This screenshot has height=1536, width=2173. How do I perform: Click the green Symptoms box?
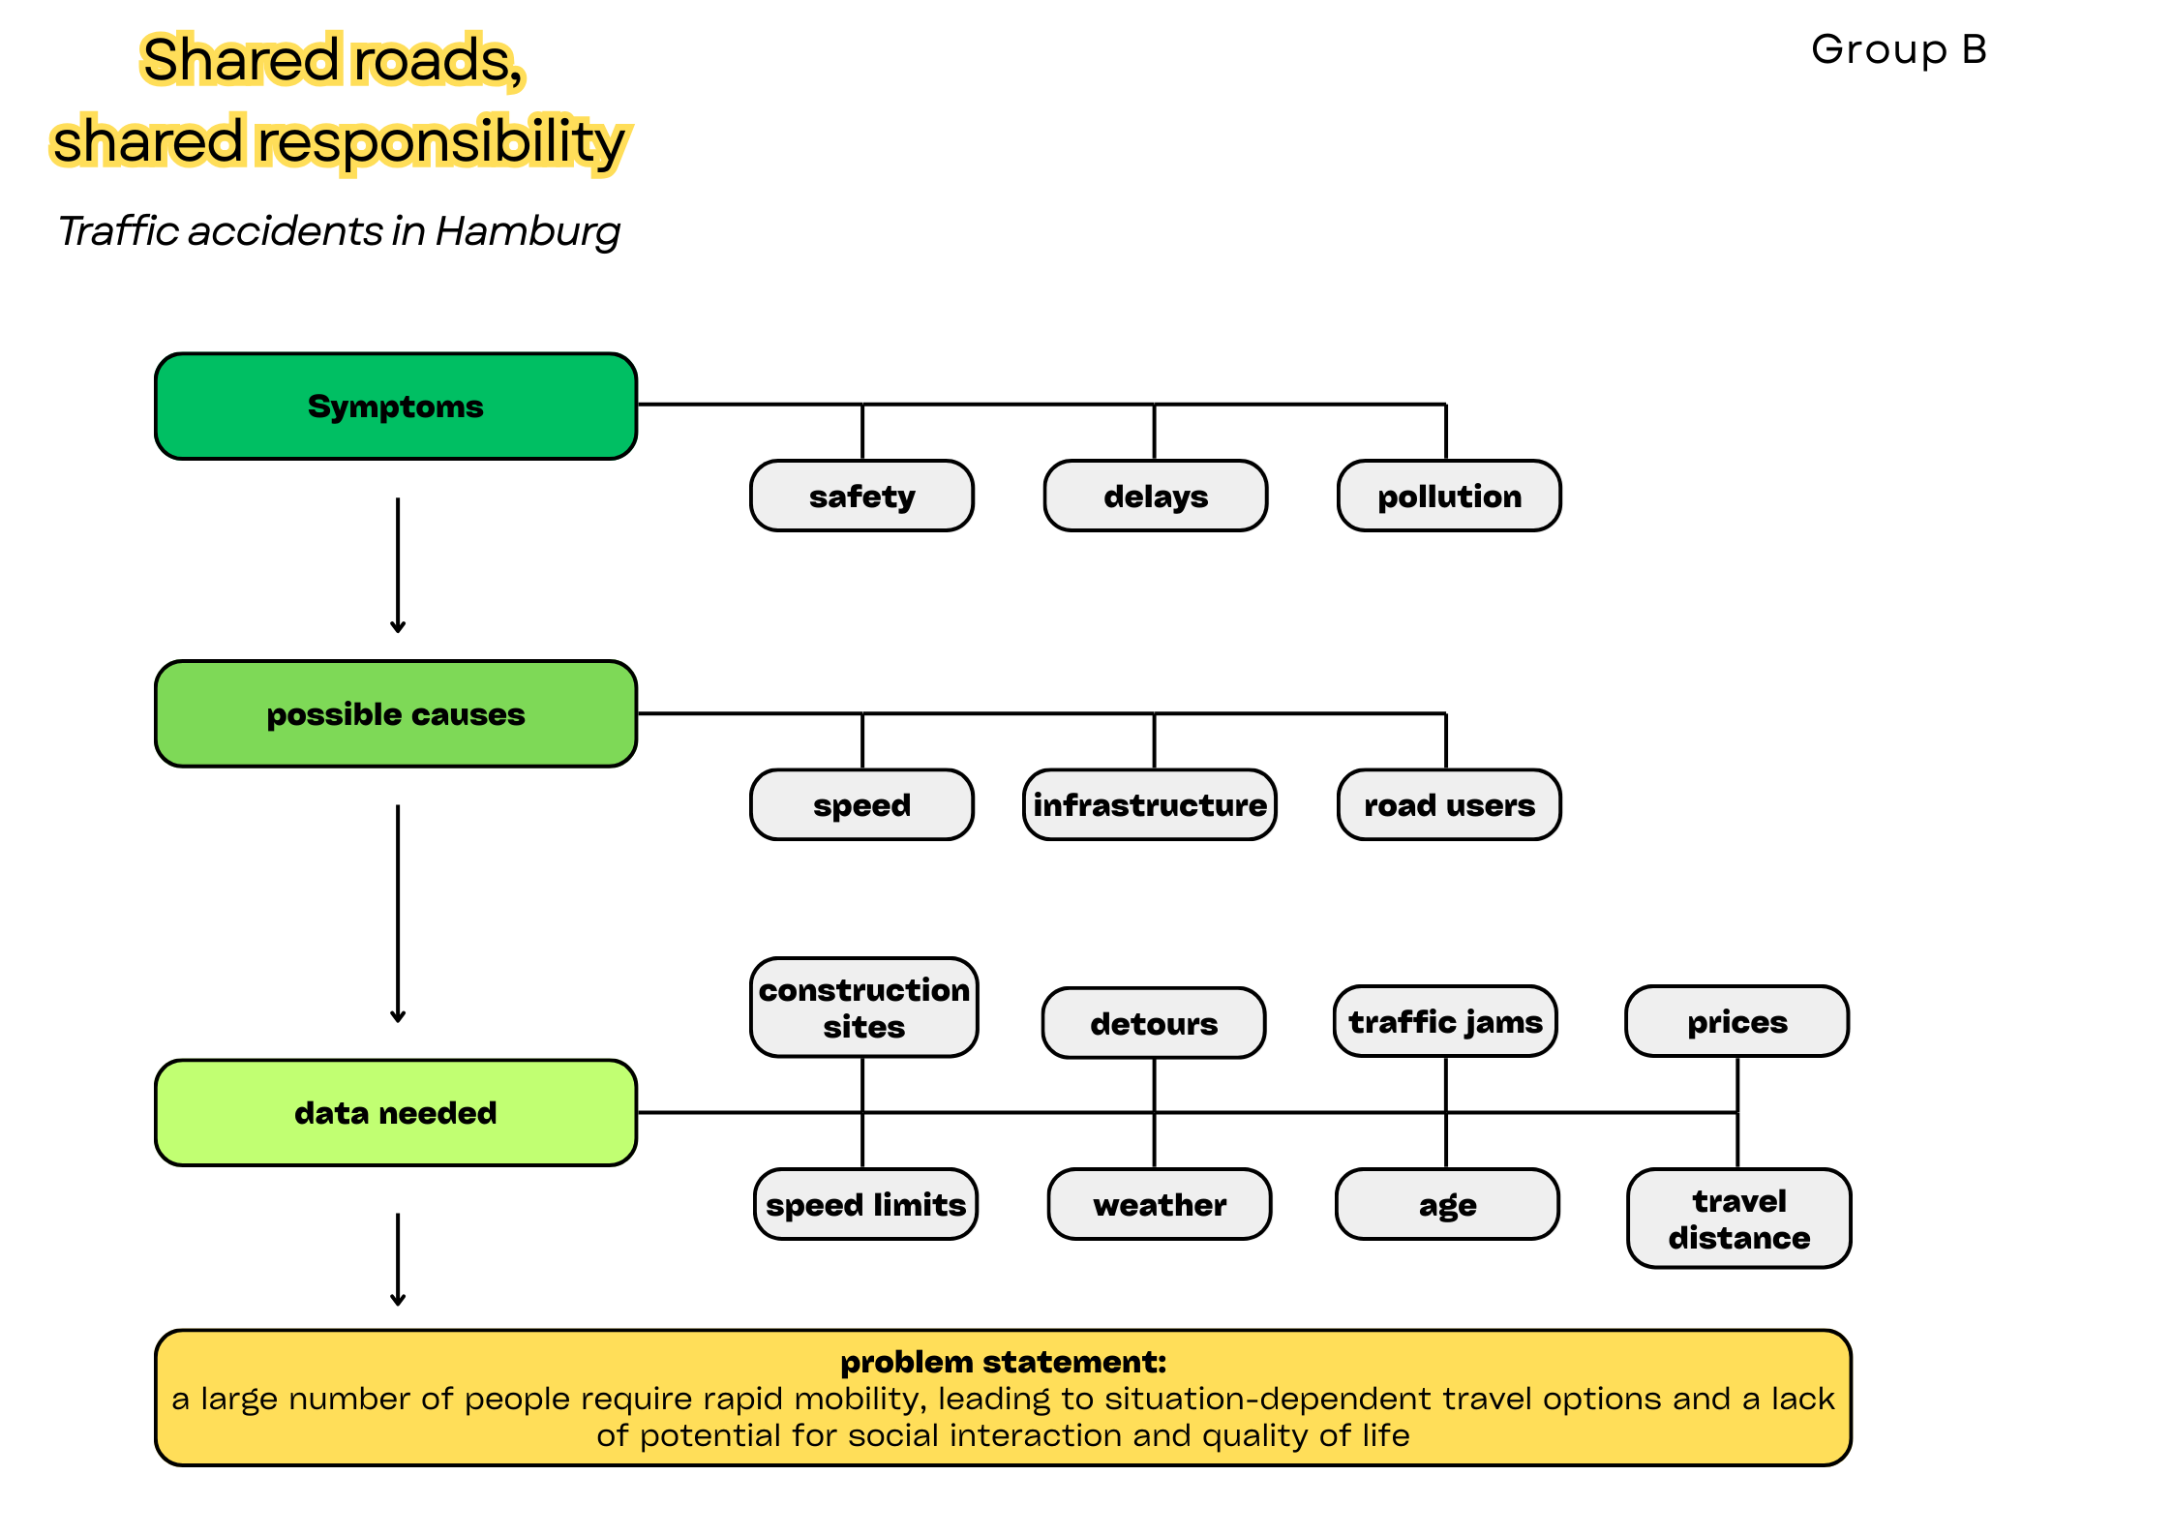(x=395, y=407)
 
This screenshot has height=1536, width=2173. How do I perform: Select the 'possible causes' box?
(x=395, y=714)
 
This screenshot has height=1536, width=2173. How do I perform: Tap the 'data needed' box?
(x=395, y=1113)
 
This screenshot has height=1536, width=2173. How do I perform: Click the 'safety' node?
(x=861, y=497)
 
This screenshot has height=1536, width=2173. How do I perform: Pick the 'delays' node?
(x=1155, y=497)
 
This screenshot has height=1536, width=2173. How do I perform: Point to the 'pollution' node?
(x=1449, y=497)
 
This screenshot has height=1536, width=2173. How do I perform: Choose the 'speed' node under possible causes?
(x=861, y=805)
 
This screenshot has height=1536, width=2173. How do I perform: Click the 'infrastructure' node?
(x=1149, y=805)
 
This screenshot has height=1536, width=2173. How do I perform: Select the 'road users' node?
(x=1449, y=805)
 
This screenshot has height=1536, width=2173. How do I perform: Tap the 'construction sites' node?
(x=863, y=1008)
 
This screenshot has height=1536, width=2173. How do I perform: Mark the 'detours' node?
(x=1154, y=1024)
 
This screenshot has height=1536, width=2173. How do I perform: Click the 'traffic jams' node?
(x=1445, y=1022)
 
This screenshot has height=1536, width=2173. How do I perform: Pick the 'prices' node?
(x=1736, y=1022)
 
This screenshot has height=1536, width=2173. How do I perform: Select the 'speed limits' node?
(x=865, y=1205)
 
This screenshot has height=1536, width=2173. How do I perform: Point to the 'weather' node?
(x=1159, y=1205)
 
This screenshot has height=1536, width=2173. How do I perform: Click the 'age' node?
(x=1447, y=1205)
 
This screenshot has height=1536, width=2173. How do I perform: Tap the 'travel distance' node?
(x=1738, y=1220)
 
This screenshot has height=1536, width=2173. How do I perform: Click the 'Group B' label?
(x=1898, y=49)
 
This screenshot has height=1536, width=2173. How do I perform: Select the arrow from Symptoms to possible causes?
(x=398, y=565)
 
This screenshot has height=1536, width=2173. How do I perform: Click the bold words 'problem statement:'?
(x=1003, y=1362)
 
